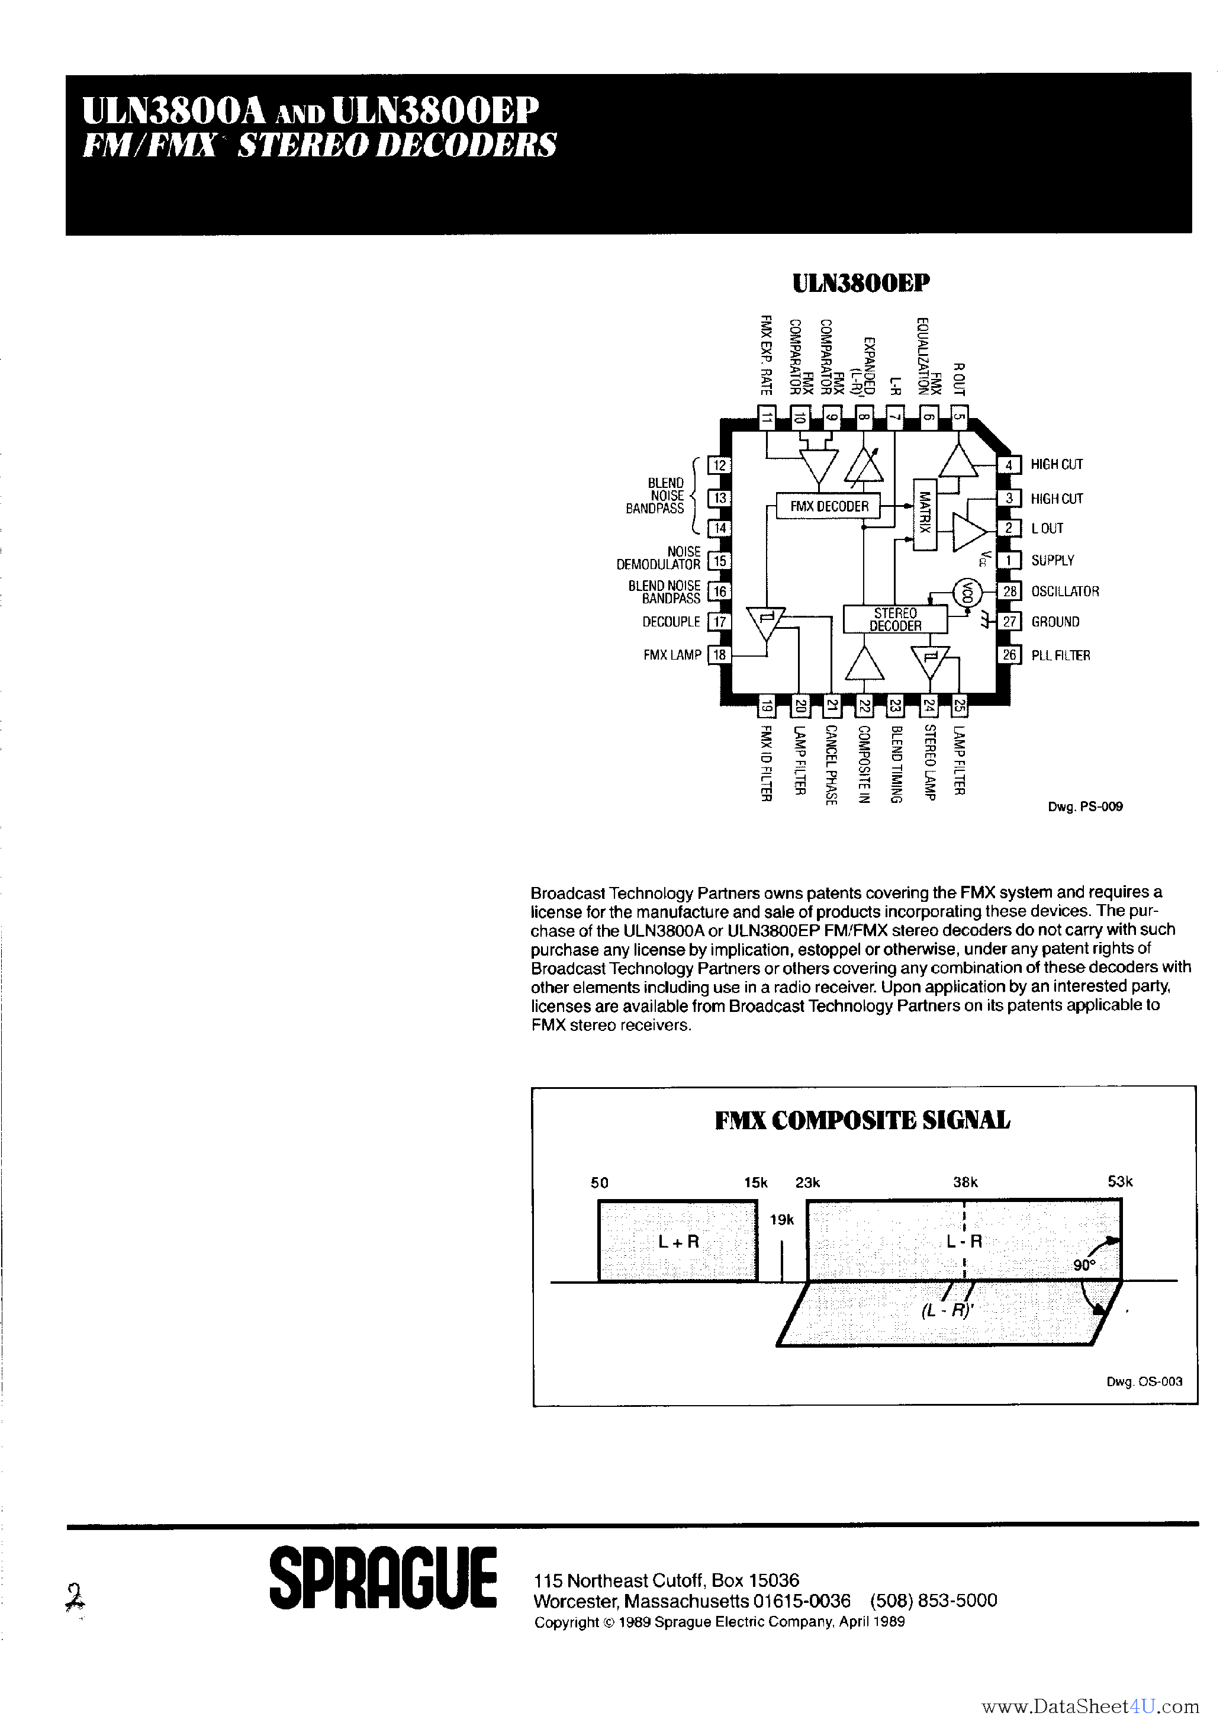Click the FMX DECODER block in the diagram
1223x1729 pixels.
pyautogui.click(x=828, y=506)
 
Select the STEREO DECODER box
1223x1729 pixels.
pyautogui.click(x=894, y=619)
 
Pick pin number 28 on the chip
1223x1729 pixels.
pyautogui.click(x=1009, y=591)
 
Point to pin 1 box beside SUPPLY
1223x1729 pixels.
pyautogui.click(x=1009, y=560)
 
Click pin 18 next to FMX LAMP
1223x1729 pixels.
pyautogui.click(x=719, y=654)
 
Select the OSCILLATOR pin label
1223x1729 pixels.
pyautogui.click(x=1065, y=591)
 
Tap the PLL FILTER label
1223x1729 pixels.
pyautogui.click(x=1060, y=655)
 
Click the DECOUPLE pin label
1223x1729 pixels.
pyautogui.click(x=671, y=622)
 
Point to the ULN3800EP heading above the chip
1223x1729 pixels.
pyautogui.click(x=861, y=283)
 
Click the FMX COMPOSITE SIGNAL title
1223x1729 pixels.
pyautogui.click(x=862, y=1120)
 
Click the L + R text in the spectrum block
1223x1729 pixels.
pyautogui.click(x=678, y=1242)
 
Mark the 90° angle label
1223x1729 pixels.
pyautogui.click(x=1084, y=1266)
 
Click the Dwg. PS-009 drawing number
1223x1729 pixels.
pyautogui.click(x=1085, y=806)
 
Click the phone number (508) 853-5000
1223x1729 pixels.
pyautogui.click(x=933, y=1601)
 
